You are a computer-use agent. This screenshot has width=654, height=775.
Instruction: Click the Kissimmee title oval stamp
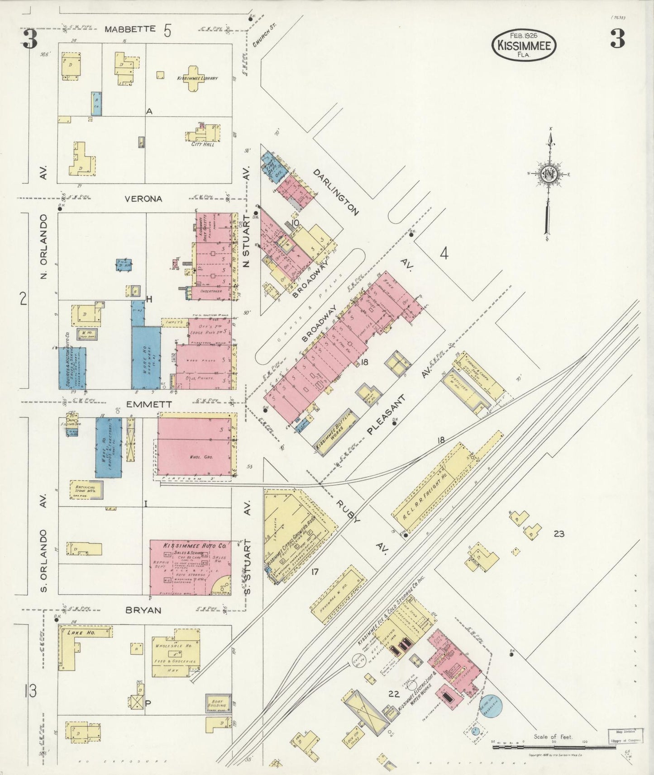coord(524,45)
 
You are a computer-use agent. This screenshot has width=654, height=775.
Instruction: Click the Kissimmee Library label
coord(197,78)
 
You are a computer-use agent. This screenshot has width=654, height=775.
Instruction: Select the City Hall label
coord(203,144)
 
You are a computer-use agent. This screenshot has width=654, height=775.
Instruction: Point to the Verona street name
coord(143,198)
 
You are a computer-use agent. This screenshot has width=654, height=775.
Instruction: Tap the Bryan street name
coord(143,610)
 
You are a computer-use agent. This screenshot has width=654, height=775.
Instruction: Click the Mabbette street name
coord(130,29)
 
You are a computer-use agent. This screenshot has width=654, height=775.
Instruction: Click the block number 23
coord(559,534)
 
